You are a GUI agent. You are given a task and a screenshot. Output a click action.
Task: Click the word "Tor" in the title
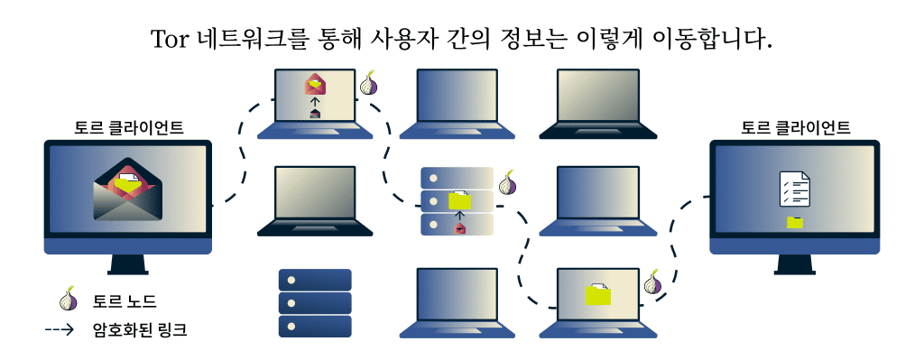tap(170, 40)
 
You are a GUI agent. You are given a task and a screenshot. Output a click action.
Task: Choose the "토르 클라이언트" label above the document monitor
tap(795, 127)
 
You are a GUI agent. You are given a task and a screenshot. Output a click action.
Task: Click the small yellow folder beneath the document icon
tap(795, 221)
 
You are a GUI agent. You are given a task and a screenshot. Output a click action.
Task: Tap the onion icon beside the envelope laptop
tap(369, 85)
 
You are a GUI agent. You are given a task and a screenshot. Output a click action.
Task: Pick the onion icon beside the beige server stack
tap(509, 183)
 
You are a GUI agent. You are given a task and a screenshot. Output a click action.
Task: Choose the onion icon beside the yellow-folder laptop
tap(653, 283)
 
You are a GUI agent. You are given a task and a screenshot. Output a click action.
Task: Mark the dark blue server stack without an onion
tap(315, 302)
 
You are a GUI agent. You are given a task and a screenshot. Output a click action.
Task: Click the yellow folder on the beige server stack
tap(460, 199)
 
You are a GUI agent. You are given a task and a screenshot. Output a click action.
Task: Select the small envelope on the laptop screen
tap(315, 85)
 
